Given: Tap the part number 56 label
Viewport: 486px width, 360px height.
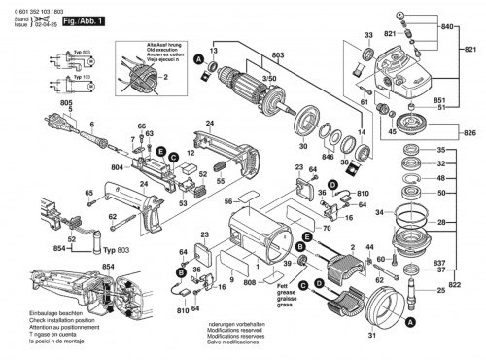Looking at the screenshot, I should coord(228,202).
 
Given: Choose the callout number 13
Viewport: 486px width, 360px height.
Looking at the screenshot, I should coord(215,50).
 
